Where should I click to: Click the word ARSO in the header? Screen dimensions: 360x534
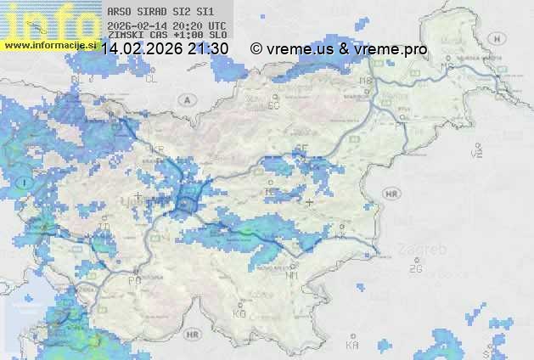(120, 13)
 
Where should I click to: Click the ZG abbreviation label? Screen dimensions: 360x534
(415, 269)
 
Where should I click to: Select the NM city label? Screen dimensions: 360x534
(293, 275)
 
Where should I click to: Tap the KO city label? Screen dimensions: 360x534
(239, 313)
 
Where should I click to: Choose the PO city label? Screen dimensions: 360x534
(135, 279)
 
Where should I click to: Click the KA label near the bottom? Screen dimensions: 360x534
(351, 346)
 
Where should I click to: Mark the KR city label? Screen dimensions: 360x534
(157, 149)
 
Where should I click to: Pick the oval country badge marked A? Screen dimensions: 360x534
(186, 99)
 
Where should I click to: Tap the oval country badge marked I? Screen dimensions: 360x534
(26, 183)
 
